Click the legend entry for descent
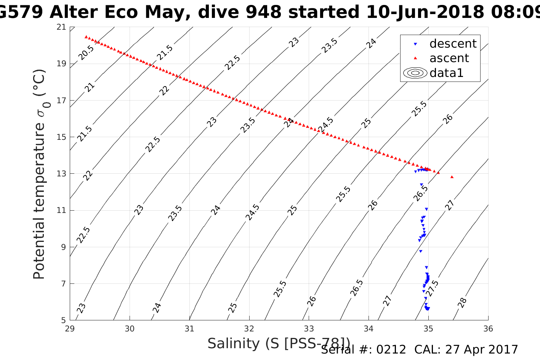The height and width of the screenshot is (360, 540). coord(453,44)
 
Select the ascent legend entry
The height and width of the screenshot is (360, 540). coord(449,58)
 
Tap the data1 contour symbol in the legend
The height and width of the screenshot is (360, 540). coord(415,73)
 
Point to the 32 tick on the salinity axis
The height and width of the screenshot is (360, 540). coord(249,328)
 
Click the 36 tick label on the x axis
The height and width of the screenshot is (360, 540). coord(488,328)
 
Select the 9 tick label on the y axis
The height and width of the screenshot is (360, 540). coord(63,247)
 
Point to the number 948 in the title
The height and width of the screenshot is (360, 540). coord(263,12)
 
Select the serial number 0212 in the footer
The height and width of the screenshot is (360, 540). coord(391,350)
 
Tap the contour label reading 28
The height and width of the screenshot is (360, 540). coord(462,303)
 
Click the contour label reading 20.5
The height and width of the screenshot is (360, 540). coord(86,53)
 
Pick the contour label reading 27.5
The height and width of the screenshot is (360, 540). coord(432,288)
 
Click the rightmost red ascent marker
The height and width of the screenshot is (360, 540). coord(452,177)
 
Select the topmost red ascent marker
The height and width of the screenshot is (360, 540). coord(86,37)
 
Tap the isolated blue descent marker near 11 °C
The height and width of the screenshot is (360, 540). coord(426,209)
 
